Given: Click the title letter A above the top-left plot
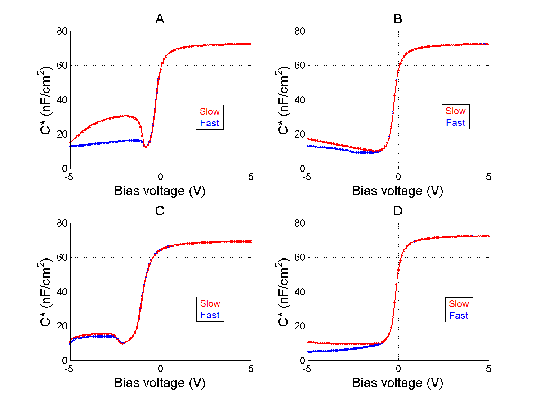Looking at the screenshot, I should [160, 19].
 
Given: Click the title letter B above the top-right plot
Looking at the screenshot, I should [397, 19].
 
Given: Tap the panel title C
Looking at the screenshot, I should [160, 211].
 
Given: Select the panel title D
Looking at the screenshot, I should [397, 211].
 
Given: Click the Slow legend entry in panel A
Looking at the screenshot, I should [210, 111].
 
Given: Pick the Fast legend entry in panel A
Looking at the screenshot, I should [210, 123].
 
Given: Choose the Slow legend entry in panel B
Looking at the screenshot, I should [455, 111].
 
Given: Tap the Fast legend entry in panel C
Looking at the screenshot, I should [210, 315].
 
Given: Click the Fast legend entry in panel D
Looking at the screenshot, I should [459, 316].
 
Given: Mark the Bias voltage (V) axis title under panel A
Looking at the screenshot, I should [160, 191].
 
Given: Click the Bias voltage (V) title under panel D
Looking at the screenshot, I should [397, 383].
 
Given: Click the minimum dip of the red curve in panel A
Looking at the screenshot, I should [145, 147].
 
